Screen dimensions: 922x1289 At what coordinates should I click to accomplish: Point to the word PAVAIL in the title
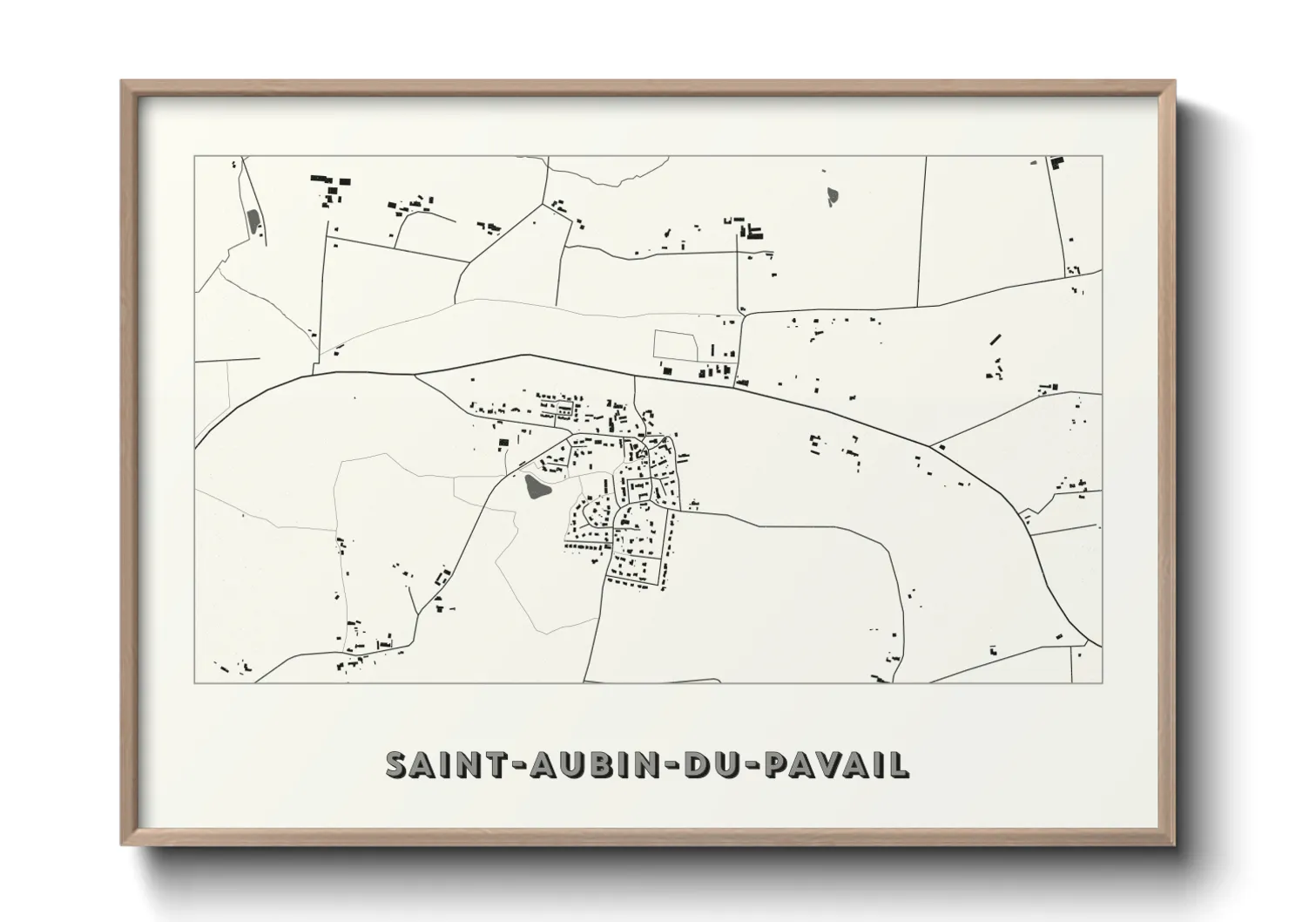coord(836,764)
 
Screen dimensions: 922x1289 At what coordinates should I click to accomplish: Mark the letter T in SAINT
coord(493,764)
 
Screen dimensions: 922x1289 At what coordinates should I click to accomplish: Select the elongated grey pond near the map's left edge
coord(253,222)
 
